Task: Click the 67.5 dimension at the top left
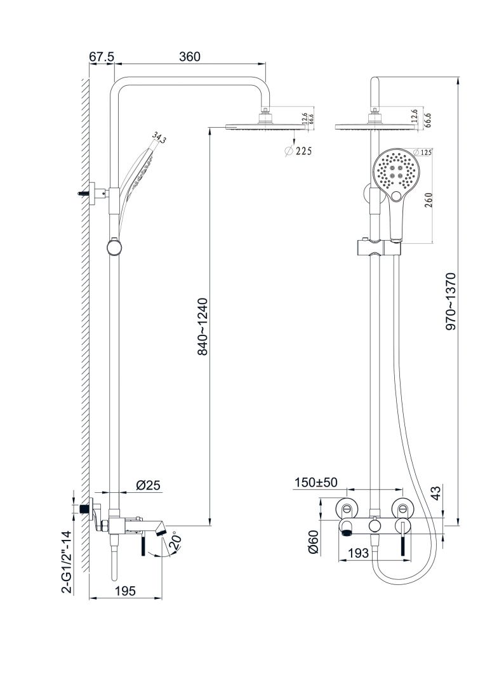101,57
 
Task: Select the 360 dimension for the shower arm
189,57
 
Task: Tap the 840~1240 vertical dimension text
203,326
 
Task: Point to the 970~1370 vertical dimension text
451,301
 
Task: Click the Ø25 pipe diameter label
149,485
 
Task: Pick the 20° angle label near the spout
176,541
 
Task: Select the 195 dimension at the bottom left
125,591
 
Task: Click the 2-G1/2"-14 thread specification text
66,562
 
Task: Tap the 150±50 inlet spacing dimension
316,483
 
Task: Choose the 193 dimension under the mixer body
359,553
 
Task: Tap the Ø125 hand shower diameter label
422,152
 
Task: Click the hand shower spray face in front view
395,170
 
